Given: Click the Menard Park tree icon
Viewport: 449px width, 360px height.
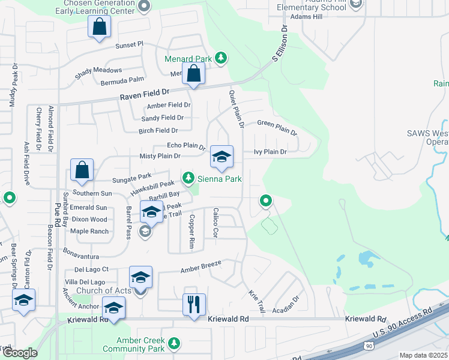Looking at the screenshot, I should point(221,58).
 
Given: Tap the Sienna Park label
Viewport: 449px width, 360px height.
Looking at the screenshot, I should point(220,179).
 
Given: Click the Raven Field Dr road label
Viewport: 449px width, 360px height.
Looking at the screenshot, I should point(145,94).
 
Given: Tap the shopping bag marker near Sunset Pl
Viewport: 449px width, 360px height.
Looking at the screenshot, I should point(99,26).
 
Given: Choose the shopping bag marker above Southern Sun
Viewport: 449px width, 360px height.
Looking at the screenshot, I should point(82,170).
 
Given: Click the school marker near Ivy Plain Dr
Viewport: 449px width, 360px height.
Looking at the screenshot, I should point(221,157).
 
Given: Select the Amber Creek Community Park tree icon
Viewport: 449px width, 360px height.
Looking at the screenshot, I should point(174,343).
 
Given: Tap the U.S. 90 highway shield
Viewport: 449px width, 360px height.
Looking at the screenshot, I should point(369,345).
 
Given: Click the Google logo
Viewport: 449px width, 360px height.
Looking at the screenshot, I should point(20,353).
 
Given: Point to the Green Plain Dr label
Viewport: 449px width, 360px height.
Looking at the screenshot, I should point(277,127).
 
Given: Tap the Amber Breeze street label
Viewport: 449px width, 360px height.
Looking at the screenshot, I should point(202,267).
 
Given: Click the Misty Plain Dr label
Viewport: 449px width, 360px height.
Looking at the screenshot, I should point(160,156).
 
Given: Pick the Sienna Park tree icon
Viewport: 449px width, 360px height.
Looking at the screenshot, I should point(188,178).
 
